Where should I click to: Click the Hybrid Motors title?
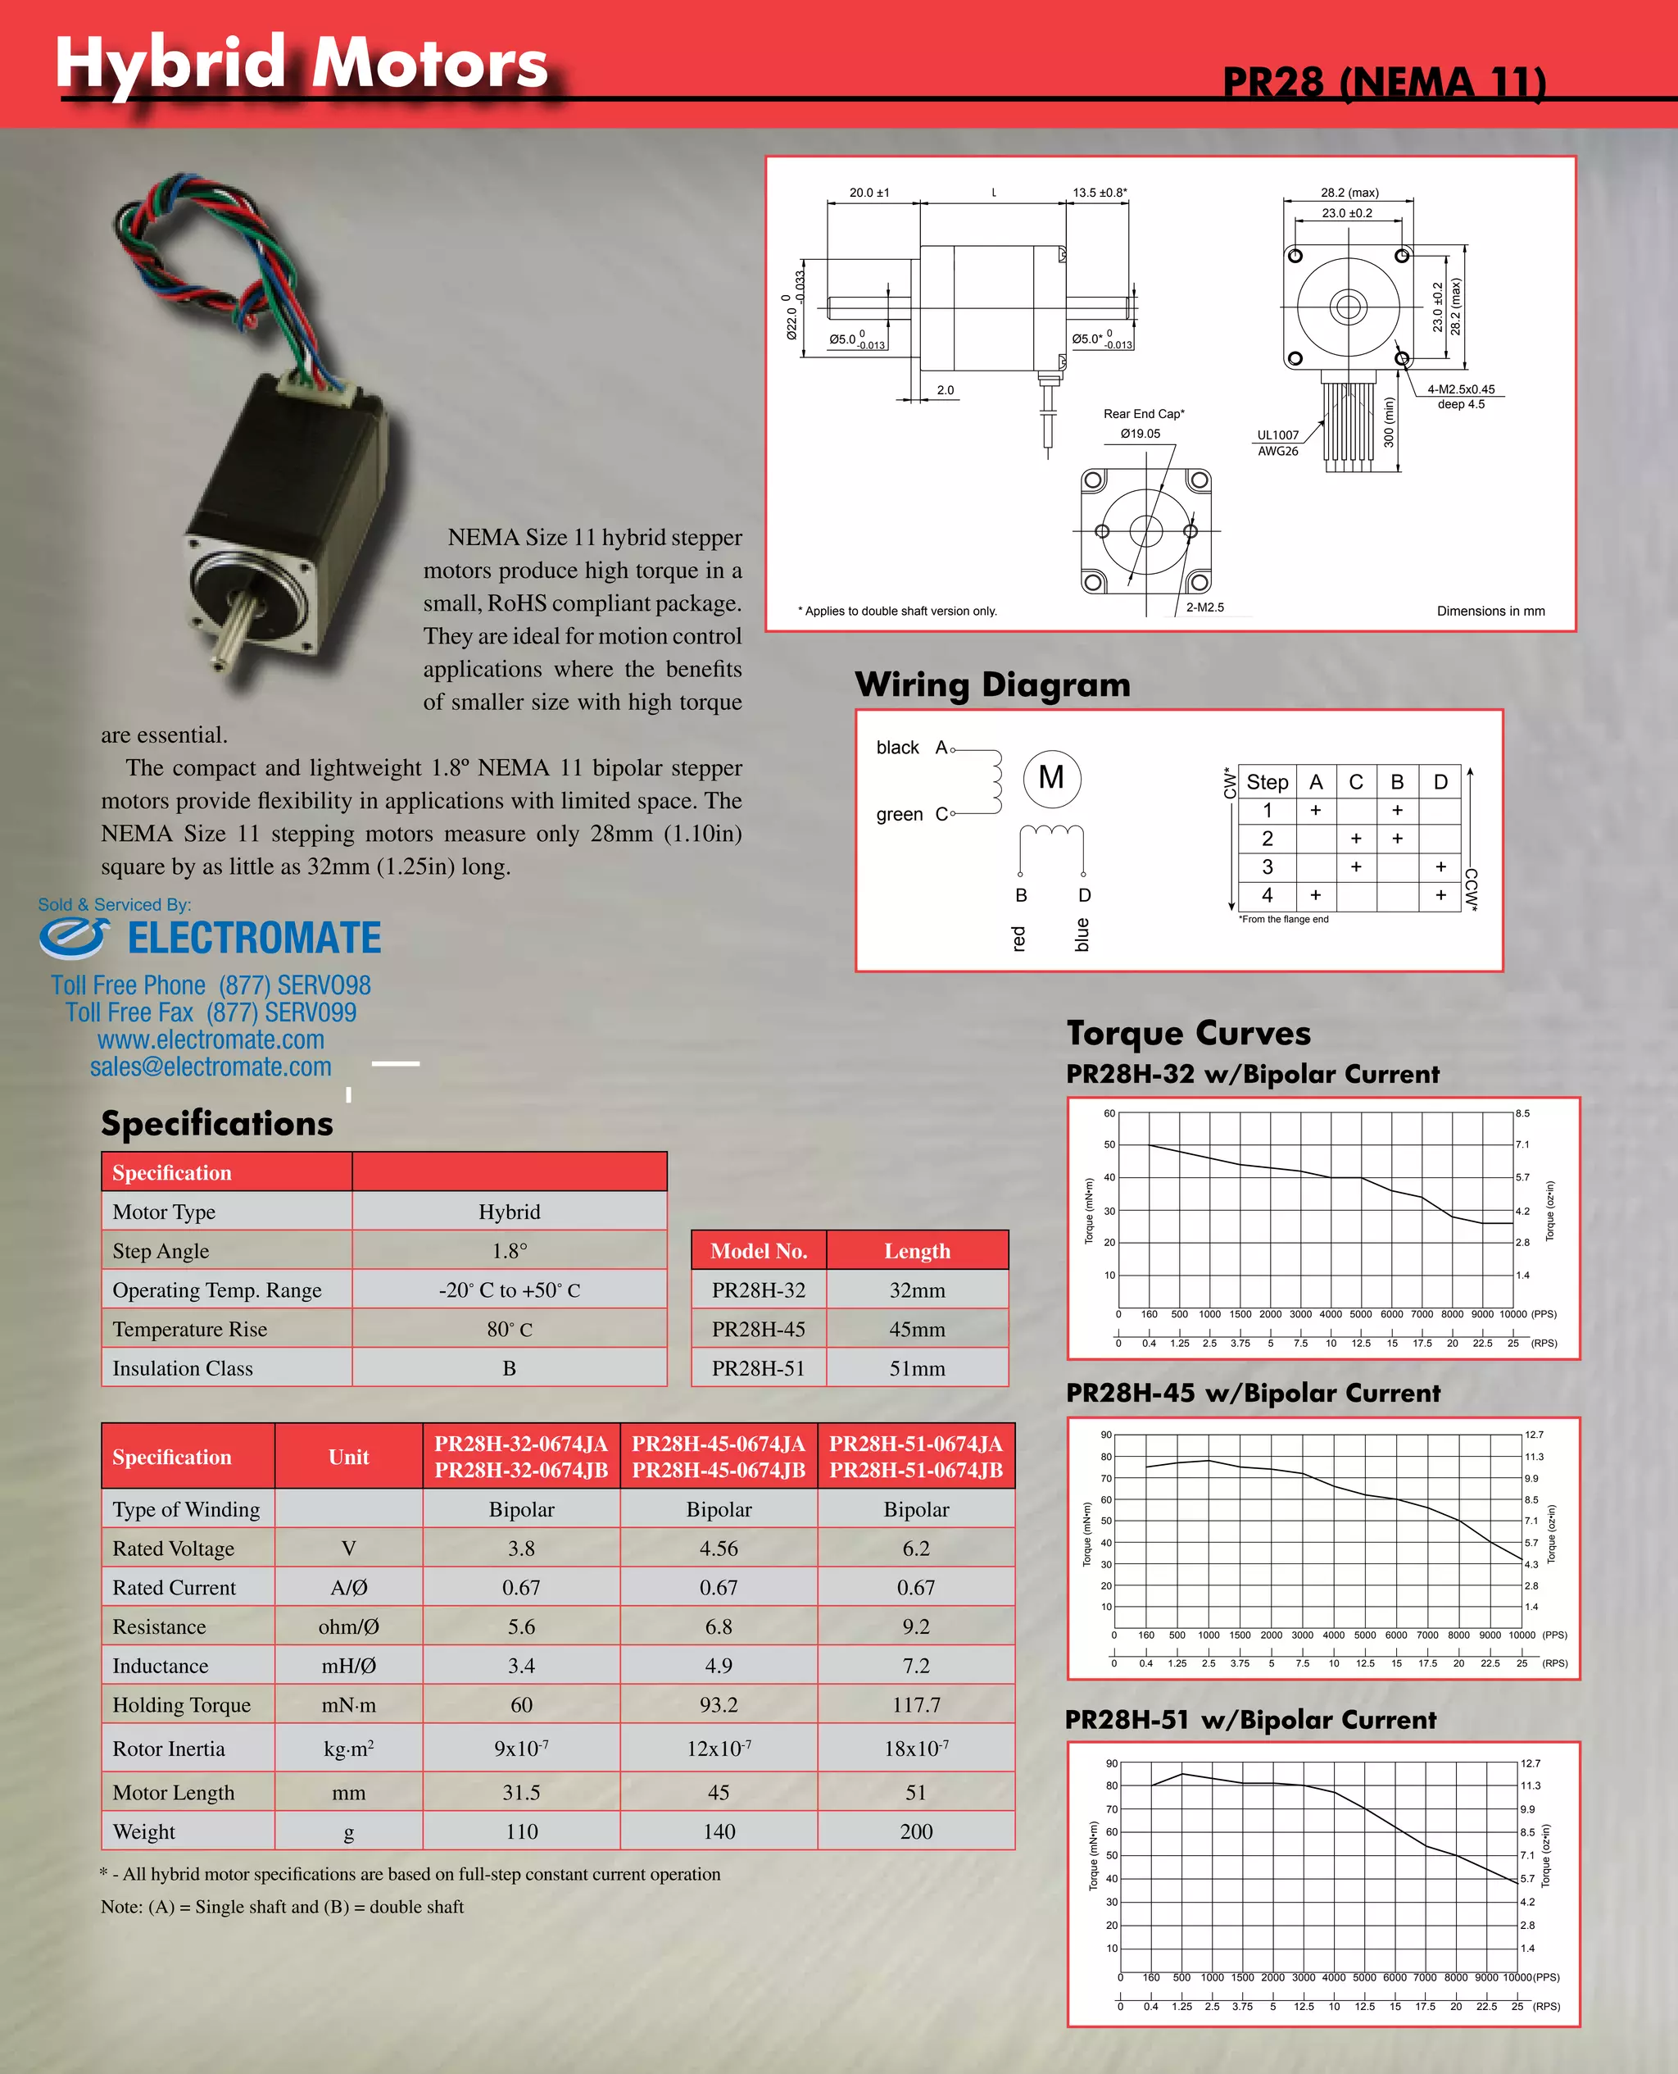point(301,63)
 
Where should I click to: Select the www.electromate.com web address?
point(211,1040)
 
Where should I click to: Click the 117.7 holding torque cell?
point(915,1704)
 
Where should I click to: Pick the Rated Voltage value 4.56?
point(719,1548)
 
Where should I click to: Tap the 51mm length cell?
point(916,1368)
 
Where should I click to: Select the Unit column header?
point(348,1457)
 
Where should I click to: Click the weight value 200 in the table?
point(915,1831)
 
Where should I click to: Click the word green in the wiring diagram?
point(899,814)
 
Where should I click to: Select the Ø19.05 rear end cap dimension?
point(1140,433)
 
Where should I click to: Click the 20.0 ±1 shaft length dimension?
point(869,193)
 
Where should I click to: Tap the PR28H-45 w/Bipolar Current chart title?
point(1253,1394)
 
